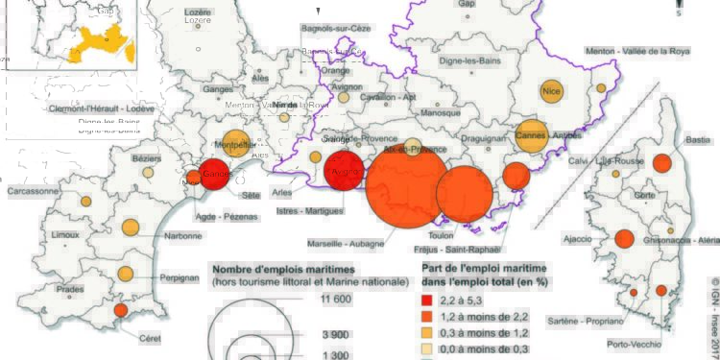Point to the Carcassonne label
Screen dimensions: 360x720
30,191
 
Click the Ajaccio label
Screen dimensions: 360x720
576,237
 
